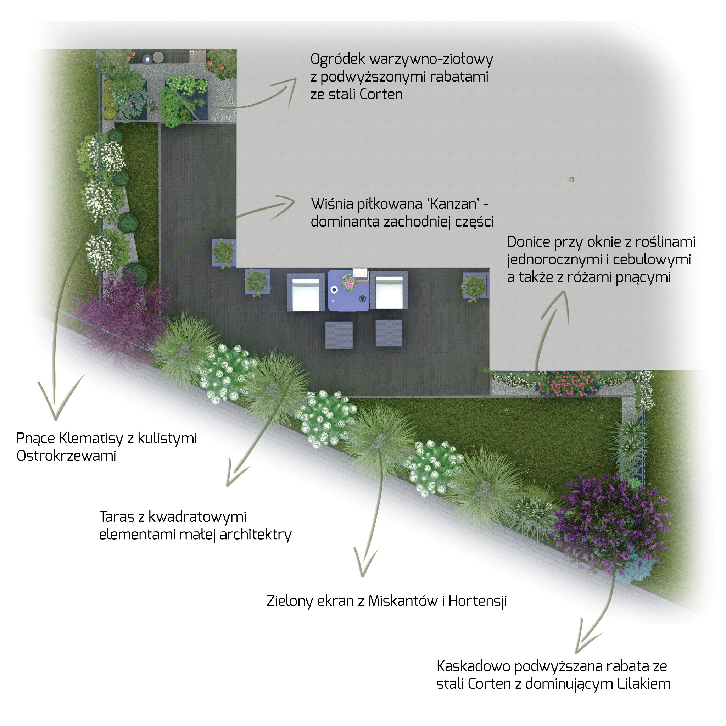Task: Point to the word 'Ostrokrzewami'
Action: pos(67,456)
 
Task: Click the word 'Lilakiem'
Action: pos(644,684)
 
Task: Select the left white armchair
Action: pos(306,292)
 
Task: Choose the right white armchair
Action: pos(389,290)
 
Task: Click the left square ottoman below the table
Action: pos(339,335)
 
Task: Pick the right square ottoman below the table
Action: pos(389,333)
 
